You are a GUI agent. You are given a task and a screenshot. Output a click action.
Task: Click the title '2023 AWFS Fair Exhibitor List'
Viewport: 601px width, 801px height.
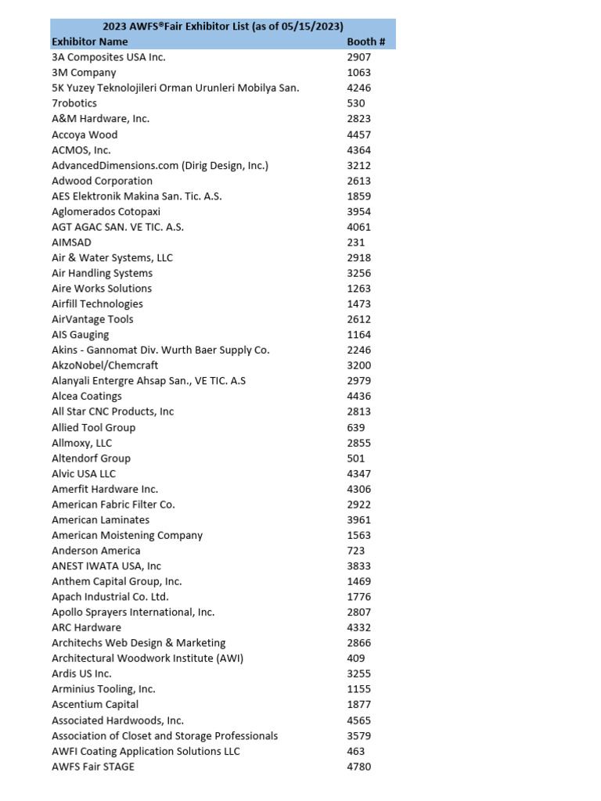point(223,27)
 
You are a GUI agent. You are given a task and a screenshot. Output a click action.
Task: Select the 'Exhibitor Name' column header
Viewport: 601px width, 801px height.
point(89,41)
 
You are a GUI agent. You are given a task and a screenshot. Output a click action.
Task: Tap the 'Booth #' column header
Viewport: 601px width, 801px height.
point(365,41)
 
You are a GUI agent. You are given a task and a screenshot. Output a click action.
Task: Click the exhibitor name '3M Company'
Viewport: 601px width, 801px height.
point(84,73)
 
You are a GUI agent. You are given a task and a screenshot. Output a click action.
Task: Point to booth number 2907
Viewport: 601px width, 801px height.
point(358,57)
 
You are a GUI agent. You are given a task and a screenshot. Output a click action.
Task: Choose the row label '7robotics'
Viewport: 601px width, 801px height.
point(74,103)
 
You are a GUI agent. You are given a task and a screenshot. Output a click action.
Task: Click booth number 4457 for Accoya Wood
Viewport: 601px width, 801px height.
point(358,135)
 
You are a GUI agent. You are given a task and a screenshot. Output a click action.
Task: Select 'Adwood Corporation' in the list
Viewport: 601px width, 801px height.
point(102,181)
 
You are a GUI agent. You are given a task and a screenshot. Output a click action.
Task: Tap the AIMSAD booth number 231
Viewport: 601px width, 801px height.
point(355,242)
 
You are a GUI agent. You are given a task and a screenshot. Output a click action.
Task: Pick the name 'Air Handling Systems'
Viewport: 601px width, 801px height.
point(102,273)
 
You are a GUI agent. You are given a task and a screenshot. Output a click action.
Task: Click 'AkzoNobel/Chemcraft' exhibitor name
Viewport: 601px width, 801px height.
point(105,365)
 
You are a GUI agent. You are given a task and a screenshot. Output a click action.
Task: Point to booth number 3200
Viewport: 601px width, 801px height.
point(358,365)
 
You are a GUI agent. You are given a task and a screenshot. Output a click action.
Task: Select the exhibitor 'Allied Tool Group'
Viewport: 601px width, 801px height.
point(93,427)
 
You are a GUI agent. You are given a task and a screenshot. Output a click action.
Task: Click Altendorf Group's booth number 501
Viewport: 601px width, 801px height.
point(355,458)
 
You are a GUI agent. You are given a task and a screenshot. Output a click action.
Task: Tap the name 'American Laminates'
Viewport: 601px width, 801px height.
point(100,519)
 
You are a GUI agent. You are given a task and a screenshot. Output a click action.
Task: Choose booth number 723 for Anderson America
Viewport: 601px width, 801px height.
point(355,551)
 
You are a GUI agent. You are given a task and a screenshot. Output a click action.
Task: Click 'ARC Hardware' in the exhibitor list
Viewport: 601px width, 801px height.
point(86,627)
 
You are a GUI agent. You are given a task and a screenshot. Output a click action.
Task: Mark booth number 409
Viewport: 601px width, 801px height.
point(355,659)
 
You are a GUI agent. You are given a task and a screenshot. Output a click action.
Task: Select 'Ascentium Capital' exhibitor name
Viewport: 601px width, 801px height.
point(95,705)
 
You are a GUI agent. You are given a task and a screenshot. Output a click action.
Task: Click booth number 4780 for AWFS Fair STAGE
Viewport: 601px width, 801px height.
point(358,767)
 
